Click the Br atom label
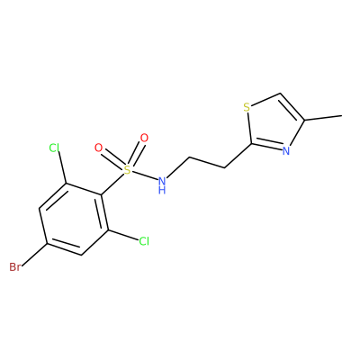click(x=14, y=266)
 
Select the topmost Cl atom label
click(x=54, y=148)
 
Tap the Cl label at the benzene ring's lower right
click(x=144, y=241)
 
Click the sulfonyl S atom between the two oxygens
click(x=128, y=170)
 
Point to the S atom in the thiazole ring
click(x=247, y=107)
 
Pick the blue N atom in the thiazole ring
click(x=286, y=151)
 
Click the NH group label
click(x=162, y=185)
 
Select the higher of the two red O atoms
click(x=144, y=138)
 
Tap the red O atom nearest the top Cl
click(x=98, y=148)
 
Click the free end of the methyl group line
click(x=342, y=115)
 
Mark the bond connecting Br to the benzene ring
click(x=34, y=254)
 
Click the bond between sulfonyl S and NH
click(x=145, y=175)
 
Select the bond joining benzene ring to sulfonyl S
click(x=112, y=184)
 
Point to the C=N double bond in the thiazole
click(x=266, y=146)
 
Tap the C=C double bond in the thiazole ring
click(x=292, y=107)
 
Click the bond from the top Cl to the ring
click(x=63, y=167)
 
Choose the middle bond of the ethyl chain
click(x=207, y=162)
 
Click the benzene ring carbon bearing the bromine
click(x=48, y=243)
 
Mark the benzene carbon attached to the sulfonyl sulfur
click(x=102, y=194)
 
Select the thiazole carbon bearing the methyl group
click(x=305, y=121)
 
